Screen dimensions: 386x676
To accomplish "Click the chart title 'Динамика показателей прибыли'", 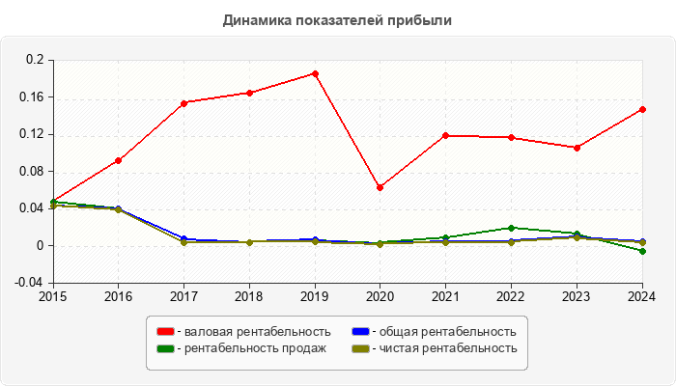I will tap(337, 19).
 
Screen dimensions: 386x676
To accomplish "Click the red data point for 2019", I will tap(315, 73).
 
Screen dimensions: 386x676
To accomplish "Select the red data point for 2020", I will tap(380, 187).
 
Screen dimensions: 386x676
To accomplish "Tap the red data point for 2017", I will tap(183, 102).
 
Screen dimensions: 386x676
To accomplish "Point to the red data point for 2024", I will tap(642, 109).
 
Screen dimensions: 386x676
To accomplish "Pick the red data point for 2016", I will tap(118, 160).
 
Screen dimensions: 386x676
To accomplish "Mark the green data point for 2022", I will tap(511, 228).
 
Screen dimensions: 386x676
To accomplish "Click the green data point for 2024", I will tap(642, 251).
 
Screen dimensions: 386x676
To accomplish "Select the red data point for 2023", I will tap(577, 148).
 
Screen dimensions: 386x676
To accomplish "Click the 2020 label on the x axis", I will tap(380, 295).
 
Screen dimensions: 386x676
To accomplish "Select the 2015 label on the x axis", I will tap(52, 295).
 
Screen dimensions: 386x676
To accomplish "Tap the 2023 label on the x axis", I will tap(577, 295).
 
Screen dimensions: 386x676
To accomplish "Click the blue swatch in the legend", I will tap(360, 332).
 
